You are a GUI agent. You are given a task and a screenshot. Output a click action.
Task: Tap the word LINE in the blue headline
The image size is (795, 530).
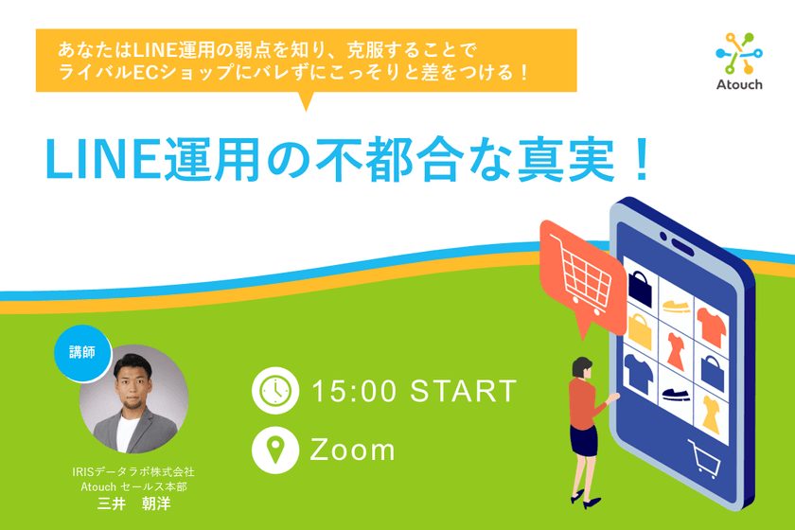click(x=91, y=158)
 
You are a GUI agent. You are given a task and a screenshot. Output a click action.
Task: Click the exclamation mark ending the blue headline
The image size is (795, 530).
click(x=640, y=159)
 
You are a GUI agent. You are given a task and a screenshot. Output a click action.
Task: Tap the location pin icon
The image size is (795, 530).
click(x=274, y=450)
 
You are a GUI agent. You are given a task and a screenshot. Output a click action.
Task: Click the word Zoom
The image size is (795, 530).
click(x=353, y=450)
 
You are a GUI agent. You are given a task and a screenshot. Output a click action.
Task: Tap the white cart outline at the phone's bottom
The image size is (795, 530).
click(x=701, y=460)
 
